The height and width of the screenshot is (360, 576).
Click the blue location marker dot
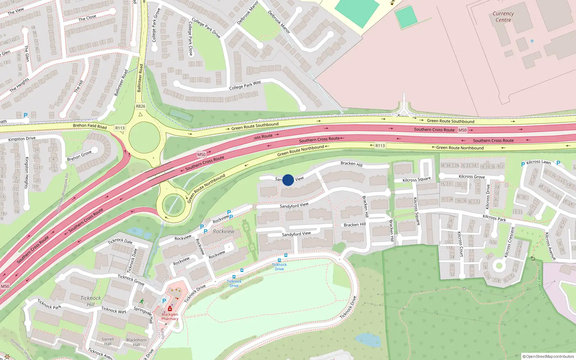[288, 180]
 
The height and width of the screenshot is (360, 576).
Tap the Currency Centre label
[503, 17]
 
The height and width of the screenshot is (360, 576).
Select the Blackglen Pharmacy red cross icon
[170, 309]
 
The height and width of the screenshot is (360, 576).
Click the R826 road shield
[140, 106]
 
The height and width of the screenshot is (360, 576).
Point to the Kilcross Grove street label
[472, 176]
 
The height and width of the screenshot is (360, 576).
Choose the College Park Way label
[245, 85]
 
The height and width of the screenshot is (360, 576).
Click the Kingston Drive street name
[22, 139]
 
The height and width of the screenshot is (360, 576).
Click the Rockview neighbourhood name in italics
[223, 231]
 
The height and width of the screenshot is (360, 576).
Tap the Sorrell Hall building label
[108, 341]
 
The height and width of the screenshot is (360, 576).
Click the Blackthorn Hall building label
[136, 342]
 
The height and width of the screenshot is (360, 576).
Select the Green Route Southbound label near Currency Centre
[450, 121]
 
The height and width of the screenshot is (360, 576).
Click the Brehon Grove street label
[79, 156]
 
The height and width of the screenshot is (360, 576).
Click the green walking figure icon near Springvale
[141, 301]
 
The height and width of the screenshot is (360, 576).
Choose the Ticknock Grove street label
[131, 280]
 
